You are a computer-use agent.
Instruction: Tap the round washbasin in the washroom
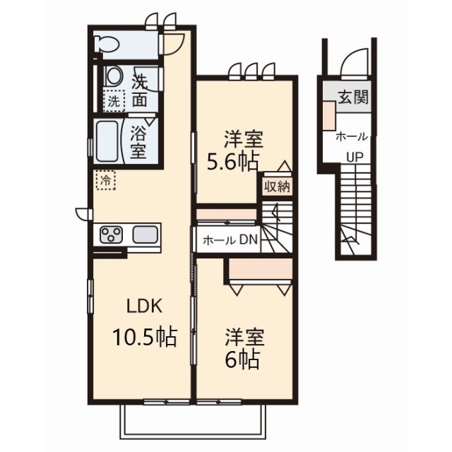click(114, 76)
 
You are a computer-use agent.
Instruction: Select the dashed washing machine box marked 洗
click(114, 100)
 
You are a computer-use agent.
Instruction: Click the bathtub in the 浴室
click(107, 141)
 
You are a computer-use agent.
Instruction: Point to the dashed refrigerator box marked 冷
click(106, 180)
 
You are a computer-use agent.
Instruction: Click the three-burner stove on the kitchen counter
click(112, 234)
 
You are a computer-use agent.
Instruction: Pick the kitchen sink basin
click(145, 234)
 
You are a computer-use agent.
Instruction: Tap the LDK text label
click(144, 307)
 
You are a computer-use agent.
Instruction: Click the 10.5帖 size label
click(144, 338)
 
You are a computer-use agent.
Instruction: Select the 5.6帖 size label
click(232, 164)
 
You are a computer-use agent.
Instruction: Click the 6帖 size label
click(242, 360)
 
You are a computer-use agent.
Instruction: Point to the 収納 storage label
click(277, 187)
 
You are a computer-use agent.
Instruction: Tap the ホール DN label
click(230, 240)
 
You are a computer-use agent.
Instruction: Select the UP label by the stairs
click(355, 157)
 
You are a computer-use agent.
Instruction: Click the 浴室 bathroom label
click(138, 141)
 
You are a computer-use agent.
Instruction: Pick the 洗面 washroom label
click(140, 90)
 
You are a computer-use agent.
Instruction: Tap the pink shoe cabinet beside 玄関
click(329, 115)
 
